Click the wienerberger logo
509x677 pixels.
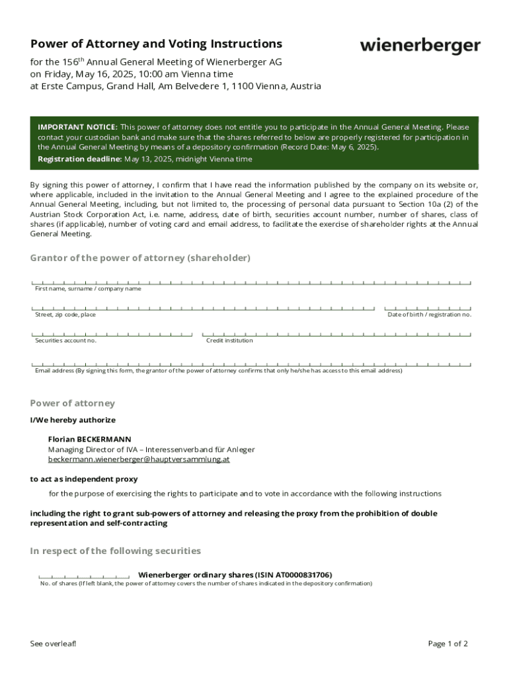[x=420, y=46]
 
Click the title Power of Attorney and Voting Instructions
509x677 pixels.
[x=156, y=44]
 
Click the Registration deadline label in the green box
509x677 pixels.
[x=79, y=159]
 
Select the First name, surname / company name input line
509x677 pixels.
[x=251, y=282]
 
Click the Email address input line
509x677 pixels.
[x=251, y=364]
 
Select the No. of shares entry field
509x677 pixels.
[x=84, y=576]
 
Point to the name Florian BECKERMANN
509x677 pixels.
[x=89, y=439]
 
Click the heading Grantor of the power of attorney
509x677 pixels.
[x=140, y=258]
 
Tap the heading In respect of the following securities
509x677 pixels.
[x=116, y=551]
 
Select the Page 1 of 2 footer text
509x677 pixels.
[x=448, y=644]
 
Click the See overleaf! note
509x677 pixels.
[x=54, y=644]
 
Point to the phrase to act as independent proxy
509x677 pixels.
[x=84, y=479]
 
